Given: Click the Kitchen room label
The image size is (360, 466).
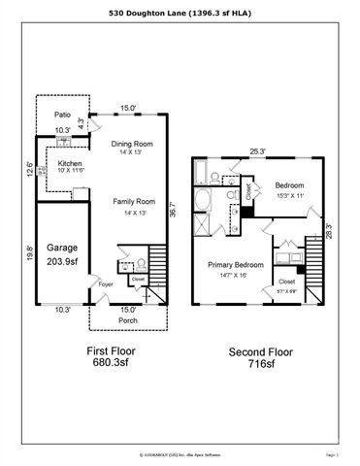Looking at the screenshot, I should (69, 163).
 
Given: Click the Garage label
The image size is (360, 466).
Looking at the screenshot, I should (57, 247).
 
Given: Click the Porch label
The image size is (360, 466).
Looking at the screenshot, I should (128, 320).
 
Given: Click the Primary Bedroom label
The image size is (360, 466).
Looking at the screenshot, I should (235, 264).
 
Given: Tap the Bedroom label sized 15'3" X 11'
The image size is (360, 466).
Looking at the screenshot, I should (288, 184).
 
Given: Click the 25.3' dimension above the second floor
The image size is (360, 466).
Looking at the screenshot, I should (257, 151).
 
